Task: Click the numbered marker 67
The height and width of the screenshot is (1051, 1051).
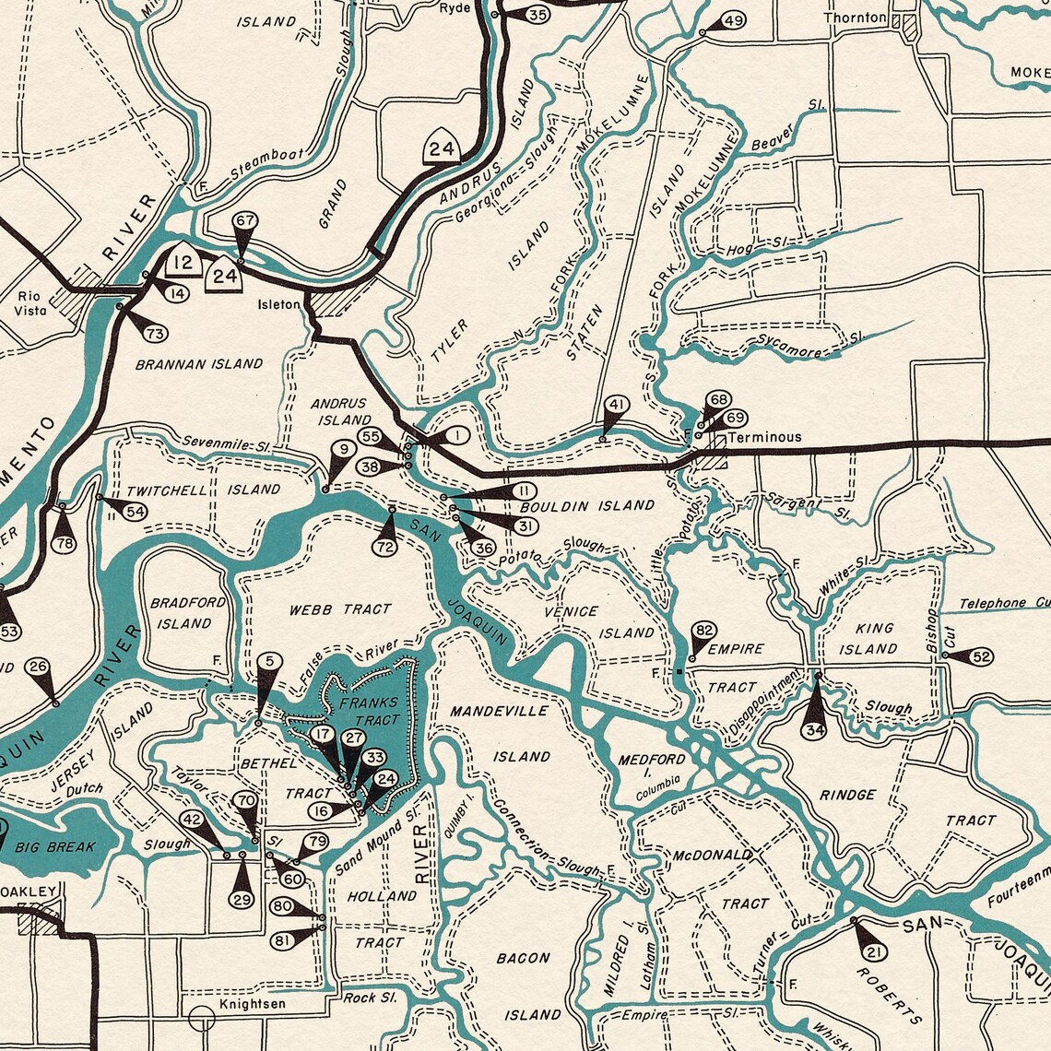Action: click(244, 222)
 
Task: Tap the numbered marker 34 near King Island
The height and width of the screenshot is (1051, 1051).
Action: click(813, 728)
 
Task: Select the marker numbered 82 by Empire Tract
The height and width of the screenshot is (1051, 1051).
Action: click(704, 631)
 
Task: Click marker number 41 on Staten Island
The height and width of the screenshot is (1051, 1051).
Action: click(617, 405)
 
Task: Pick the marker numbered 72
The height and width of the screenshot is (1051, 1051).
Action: click(386, 547)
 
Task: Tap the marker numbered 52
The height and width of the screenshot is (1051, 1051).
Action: click(981, 656)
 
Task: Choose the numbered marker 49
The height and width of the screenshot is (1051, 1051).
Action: click(733, 21)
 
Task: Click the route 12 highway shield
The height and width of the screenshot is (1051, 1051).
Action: click(184, 263)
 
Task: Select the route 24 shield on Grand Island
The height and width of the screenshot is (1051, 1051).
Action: click(443, 148)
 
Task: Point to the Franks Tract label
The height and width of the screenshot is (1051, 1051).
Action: click(368, 711)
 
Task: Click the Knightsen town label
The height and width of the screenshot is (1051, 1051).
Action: click(252, 1003)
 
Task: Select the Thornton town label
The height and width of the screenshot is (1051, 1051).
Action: click(855, 18)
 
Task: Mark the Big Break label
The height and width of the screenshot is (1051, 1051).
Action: click(54, 846)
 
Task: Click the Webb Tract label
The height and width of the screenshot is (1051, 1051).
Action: click(340, 609)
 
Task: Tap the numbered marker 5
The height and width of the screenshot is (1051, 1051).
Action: click(268, 661)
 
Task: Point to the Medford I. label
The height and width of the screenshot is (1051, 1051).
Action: click(652, 766)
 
